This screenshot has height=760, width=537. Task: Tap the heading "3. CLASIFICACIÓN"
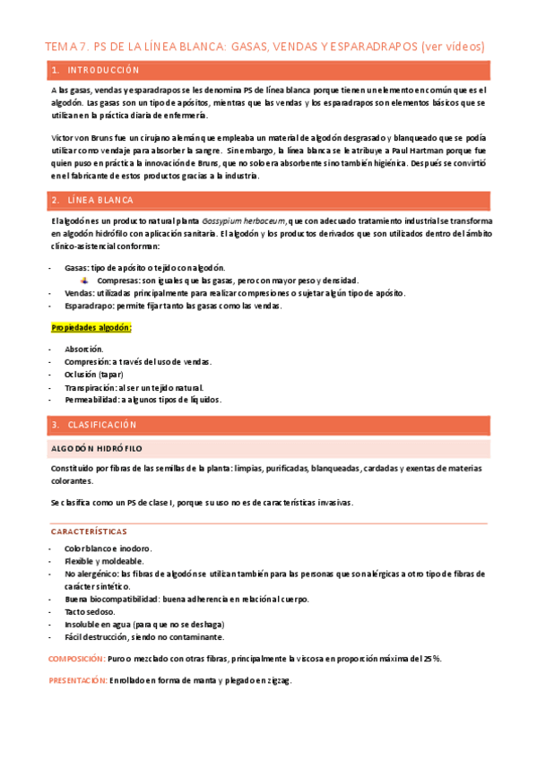coord(96,424)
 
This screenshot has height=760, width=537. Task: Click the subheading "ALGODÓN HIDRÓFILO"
coord(96,448)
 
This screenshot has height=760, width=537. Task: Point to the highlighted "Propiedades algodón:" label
coord(91,328)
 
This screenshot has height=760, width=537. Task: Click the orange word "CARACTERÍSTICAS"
coord(89,531)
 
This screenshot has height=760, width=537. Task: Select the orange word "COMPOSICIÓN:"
coord(76,659)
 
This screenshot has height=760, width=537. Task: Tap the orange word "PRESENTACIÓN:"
coord(78,681)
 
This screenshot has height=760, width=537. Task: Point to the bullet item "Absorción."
coord(83,349)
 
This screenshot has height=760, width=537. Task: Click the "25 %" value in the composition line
coord(431,659)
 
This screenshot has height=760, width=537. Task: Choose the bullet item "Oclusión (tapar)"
coord(93,374)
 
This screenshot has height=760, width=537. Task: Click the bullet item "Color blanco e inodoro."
coord(108,548)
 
